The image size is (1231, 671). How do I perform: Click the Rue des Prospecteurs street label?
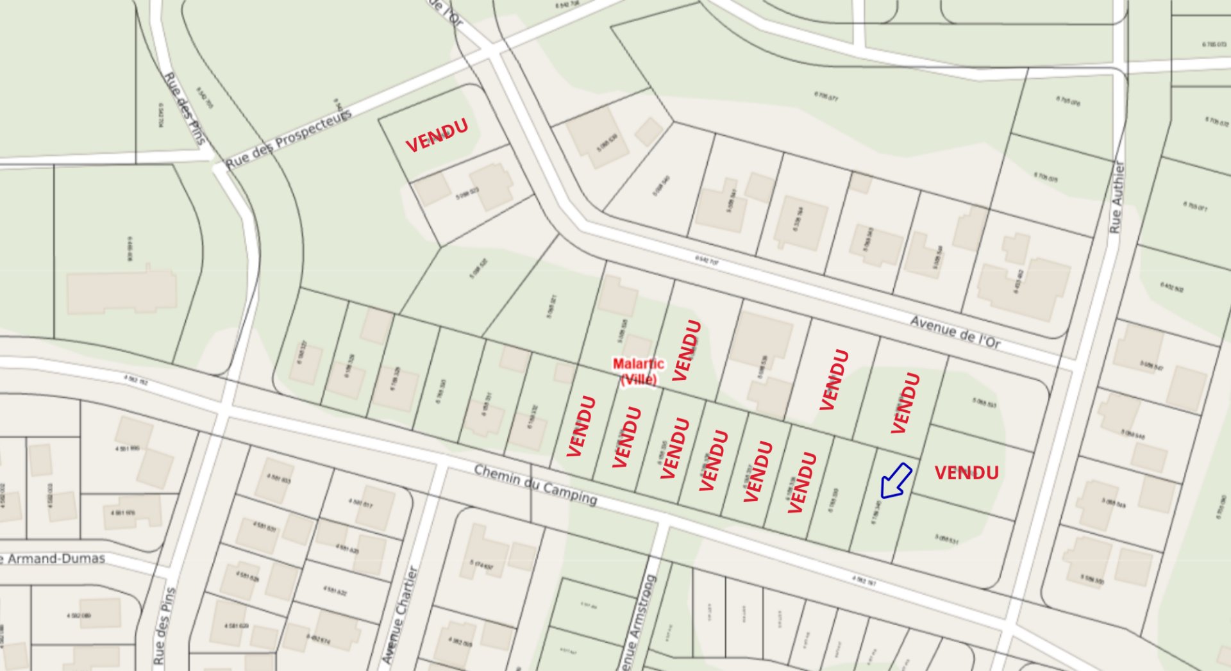(x=289, y=140)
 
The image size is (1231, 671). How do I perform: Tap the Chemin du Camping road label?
(x=535, y=484)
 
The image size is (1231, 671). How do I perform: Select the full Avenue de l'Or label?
(x=955, y=333)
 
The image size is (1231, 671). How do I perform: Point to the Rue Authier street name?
(x=1118, y=197)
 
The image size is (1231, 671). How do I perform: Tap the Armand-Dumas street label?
(x=54, y=559)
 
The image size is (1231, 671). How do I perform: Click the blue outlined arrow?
(x=896, y=481)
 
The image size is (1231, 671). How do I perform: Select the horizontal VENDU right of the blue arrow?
(x=966, y=473)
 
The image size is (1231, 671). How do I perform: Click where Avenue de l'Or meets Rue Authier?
(x=1068, y=362)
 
